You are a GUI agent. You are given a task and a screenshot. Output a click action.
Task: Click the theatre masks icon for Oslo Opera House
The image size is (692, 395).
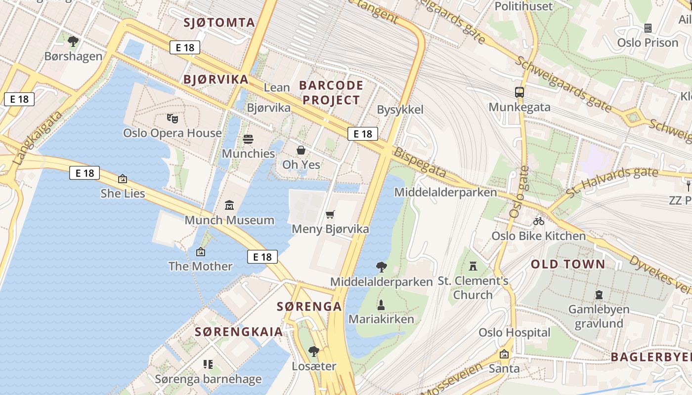pos(172,118)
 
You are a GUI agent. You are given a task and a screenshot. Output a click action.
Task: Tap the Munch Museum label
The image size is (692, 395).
pos(229,220)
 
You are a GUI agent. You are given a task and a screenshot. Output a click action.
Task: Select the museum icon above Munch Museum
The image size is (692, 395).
pos(229,205)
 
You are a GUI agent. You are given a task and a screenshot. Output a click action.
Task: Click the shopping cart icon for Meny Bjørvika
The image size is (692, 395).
pos(330,214)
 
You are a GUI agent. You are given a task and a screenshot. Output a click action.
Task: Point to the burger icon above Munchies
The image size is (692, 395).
pos(248,139)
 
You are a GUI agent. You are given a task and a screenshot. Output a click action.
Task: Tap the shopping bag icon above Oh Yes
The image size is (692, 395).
pos(301,150)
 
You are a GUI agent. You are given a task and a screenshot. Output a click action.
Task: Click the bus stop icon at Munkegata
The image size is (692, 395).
pos(519,92)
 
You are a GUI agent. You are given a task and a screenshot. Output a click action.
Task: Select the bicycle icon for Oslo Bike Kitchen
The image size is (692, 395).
pos(538,221)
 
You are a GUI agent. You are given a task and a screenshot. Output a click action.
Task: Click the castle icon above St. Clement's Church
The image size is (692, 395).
pos(473,266)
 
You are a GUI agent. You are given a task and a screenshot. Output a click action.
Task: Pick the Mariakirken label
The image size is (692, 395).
pos(381,319)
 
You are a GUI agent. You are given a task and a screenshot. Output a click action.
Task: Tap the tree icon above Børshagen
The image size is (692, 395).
pos(73,41)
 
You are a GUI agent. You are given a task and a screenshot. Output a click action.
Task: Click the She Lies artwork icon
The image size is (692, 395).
pos(123,179)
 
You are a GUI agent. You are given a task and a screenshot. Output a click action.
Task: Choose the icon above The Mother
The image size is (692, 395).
pos(200,252)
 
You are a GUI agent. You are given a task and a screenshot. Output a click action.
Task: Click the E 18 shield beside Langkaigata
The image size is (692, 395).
pos(19,99)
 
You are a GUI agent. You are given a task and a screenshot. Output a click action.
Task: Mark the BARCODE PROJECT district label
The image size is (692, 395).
pos(331,92)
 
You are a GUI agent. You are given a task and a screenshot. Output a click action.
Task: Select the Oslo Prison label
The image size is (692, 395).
pos(648,42)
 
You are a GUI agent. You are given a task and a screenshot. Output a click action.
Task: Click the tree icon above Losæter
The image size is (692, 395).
pos(313,352)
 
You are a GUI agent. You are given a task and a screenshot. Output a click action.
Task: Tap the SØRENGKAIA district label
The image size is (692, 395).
pos(239,332)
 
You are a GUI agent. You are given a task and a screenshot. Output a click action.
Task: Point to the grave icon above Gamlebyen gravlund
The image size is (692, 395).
pos(599,295)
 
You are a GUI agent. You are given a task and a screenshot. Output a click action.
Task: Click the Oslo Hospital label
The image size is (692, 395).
pos(514,332)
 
